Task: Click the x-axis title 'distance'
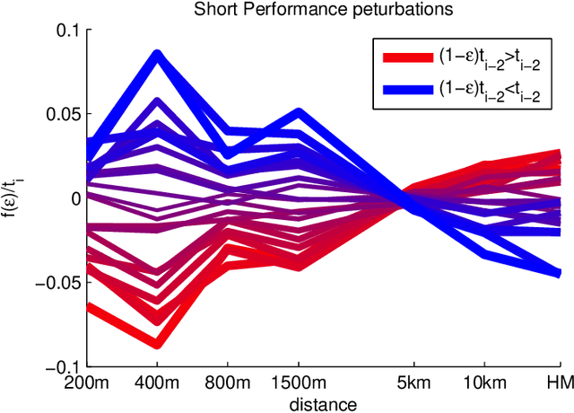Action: [324, 404]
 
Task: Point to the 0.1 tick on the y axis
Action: [69, 30]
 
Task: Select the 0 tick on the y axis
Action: [75, 198]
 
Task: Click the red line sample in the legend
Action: [408, 57]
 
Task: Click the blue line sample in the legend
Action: [408, 87]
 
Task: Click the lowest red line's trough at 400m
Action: [158, 343]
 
